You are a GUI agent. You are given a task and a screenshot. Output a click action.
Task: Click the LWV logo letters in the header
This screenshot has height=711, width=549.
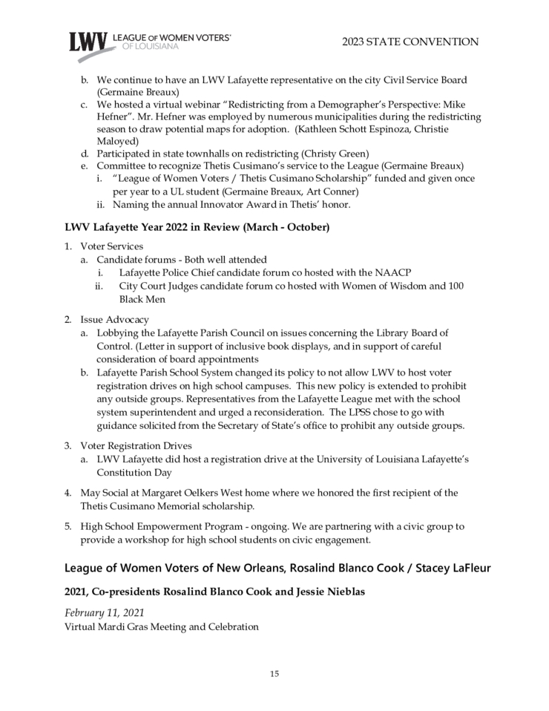[88, 42]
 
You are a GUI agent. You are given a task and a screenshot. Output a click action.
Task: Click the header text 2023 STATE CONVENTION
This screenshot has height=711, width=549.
[410, 42]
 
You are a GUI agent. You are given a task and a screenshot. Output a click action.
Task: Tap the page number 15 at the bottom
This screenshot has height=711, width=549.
[274, 674]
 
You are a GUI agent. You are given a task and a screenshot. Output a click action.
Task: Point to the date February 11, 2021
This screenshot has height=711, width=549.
[104, 612]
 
